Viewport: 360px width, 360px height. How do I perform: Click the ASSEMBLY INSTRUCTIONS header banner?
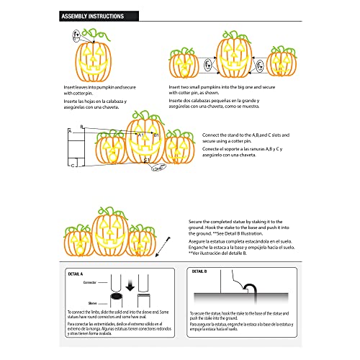click(x=92, y=15)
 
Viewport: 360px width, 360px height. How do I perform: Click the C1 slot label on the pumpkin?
click(x=146, y=158)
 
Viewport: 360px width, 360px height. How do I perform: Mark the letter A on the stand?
click(x=70, y=132)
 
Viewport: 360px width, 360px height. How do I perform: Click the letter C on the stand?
click(x=72, y=165)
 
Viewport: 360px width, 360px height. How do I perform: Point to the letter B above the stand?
click(x=82, y=125)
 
